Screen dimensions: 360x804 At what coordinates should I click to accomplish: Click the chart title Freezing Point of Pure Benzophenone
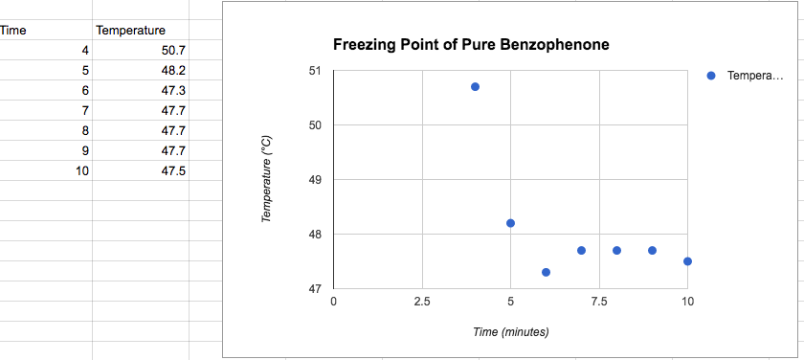(471, 45)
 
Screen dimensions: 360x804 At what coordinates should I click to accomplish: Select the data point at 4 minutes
(475, 87)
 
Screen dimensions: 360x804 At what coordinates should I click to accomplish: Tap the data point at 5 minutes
(510, 223)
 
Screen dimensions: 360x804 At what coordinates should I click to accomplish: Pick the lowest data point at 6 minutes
(546, 272)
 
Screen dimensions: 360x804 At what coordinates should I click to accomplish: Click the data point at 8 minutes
(616, 250)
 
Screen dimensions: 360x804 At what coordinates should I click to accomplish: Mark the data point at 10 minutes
(687, 261)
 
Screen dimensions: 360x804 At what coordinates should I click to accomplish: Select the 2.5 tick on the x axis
(421, 302)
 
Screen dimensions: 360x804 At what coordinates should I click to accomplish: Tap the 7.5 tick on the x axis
(598, 302)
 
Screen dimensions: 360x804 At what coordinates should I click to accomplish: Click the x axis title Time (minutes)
(510, 332)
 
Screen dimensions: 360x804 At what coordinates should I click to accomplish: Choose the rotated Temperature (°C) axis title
(268, 180)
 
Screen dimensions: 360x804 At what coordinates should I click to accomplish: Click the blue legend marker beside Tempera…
(710, 76)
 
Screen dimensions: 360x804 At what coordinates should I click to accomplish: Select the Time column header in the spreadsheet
(13, 31)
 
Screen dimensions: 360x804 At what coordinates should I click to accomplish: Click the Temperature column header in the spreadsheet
(130, 31)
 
